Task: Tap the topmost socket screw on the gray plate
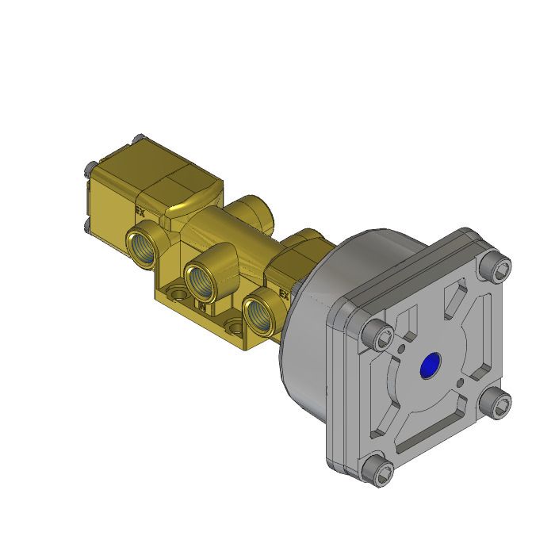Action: point(497,270)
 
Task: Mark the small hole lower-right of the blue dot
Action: point(461,383)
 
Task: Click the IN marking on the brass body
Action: point(202,304)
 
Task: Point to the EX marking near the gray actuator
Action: point(283,294)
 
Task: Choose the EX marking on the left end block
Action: point(140,212)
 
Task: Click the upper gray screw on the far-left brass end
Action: point(89,168)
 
